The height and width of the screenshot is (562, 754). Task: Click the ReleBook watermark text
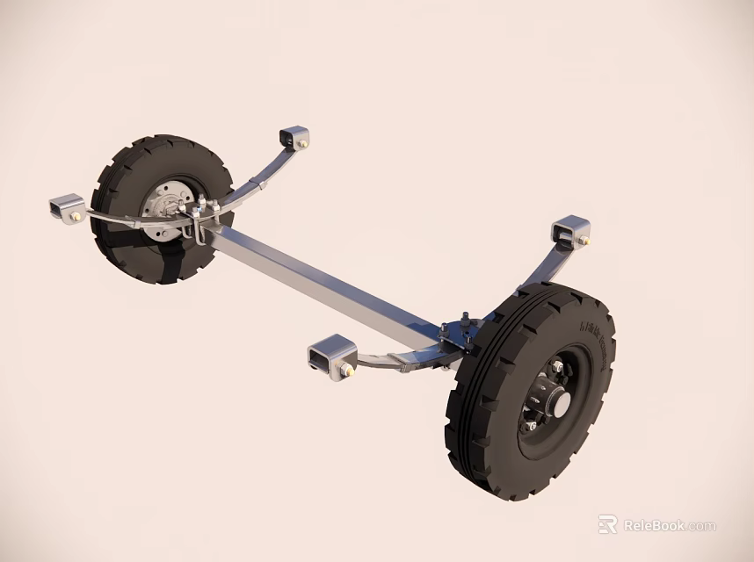click(670, 526)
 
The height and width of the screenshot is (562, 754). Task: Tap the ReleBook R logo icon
click(607, 524)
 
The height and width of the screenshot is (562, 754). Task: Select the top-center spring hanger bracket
click(294, 137)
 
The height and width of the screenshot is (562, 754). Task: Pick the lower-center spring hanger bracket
click(331, 358)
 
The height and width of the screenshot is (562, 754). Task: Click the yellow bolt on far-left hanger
click(76, 216)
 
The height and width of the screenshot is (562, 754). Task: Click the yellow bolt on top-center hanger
click(303, 143)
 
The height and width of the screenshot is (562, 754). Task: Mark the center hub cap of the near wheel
click(559, 403)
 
